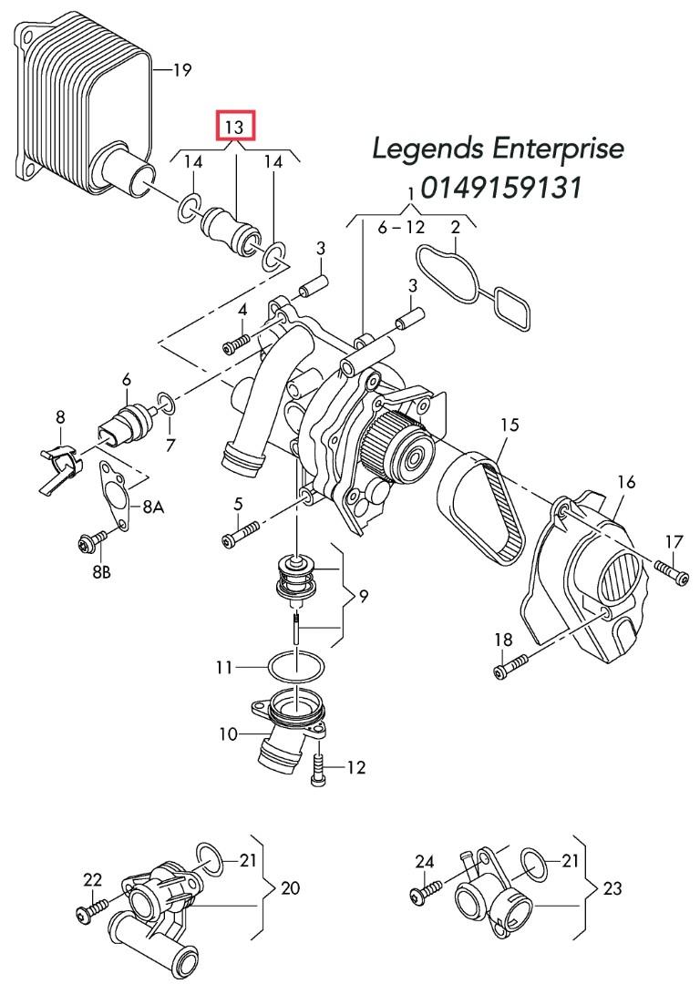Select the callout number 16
point(625,481)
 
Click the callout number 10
point(229,733)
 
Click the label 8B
point(100,574)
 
